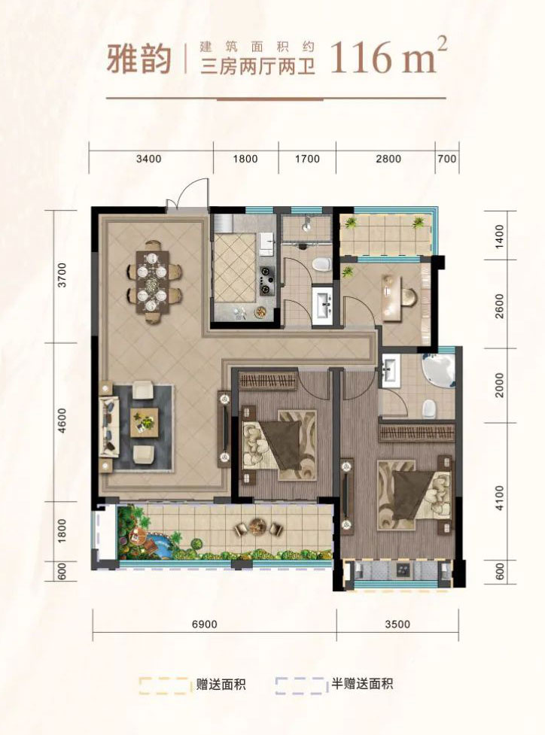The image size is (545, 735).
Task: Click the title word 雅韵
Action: (139, 59)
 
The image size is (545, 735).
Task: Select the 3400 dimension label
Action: (149, 159)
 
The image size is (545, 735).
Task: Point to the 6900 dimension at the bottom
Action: (205, 624)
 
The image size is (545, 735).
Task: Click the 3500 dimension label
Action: (397, 624)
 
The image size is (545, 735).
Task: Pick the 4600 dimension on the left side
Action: (62, 421)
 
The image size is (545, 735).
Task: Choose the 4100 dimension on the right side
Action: (500, 498)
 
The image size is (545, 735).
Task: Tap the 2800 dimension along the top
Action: (388, 159)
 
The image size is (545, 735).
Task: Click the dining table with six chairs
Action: (153, 282)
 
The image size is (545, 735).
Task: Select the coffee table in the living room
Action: (145, 422)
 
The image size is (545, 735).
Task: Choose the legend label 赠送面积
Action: (221, 685)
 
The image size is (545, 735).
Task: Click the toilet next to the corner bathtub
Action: (428, 409)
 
